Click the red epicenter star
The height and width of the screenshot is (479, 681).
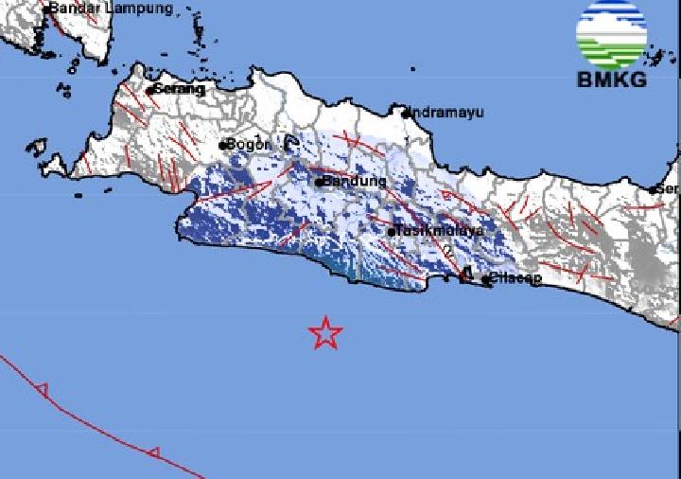[x=325, y=332]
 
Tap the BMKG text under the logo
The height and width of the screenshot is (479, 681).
[x=612, y=80]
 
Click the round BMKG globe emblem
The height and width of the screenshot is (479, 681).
[x=612, y=35]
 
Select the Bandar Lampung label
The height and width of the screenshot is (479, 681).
[x=111, y=9]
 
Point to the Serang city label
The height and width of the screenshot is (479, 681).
[x=179, y=89]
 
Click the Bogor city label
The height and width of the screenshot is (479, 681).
[x=249, y=145]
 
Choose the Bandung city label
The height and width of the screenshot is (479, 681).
[x=355, y=181]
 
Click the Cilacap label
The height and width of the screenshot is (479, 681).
[x=515, y=279]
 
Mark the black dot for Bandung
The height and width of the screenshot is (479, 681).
[x=320, y=181]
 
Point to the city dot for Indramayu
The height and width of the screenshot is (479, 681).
[x=406, y=113]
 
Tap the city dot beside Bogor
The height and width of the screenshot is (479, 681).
[x=222, y=146]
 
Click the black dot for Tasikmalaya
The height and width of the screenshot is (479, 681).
[x=392, y=230]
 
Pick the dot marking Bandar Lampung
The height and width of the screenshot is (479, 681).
[x=45, y=9]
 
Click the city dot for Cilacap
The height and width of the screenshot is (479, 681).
[x=483, y=279]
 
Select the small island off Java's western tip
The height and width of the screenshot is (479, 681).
[x=37, y=148]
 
